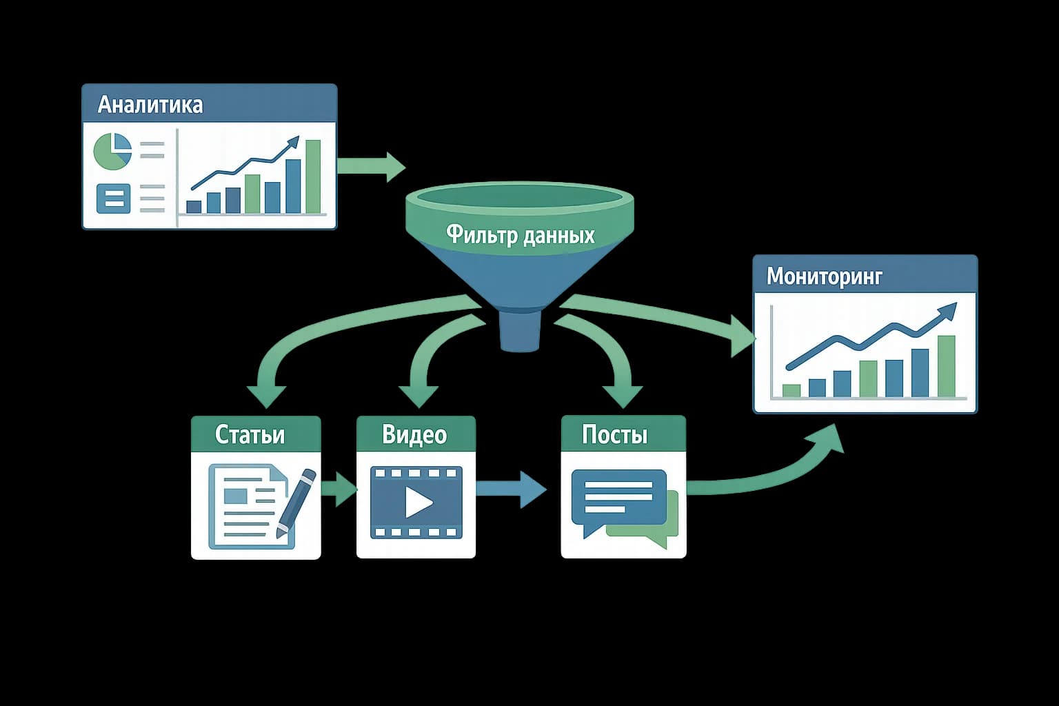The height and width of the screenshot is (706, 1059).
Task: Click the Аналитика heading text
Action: pyautogui.click(x=150, y=104)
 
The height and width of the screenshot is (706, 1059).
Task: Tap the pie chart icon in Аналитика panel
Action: pyautogui.click(x=112, y=152)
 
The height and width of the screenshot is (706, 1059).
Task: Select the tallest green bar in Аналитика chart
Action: pyautogui.click(x=313, y=176)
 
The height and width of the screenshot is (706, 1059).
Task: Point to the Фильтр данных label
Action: pyautogui.click(x=520, y=235)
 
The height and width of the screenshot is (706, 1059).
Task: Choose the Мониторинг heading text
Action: pyautogui.click(x=825, y=276)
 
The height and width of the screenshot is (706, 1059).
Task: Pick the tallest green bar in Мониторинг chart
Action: pyautogui.click(x=947, y=366)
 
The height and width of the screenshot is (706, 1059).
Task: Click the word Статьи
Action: pyautogui.click(x=250, y=434)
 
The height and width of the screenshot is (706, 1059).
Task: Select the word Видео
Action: pyautogui.click(x=414, y=434)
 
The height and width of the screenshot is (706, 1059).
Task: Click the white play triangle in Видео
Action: pyautogui.click(x=417, y=502)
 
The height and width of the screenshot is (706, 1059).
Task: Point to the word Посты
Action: pyautogui.click(x=614, y=434)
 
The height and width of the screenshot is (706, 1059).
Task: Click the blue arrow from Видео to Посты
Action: pyautogui.click(x=511, y=490)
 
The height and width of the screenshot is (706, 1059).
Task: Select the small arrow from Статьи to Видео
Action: pyautogui.click(x=338, y=490)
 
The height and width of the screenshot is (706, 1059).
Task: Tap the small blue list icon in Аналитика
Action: pyautogui.click(x=113, y=199)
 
